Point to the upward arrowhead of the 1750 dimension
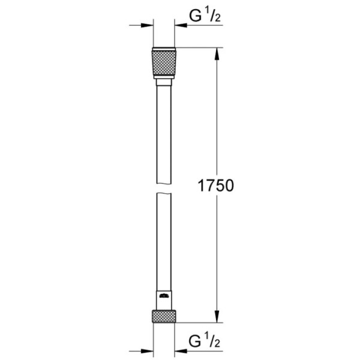pyautogui.click(x=218, y=54)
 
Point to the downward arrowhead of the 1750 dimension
pyautogui.click(x=218, y=318)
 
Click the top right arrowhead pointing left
pyautogui.click(x=181, y=26)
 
